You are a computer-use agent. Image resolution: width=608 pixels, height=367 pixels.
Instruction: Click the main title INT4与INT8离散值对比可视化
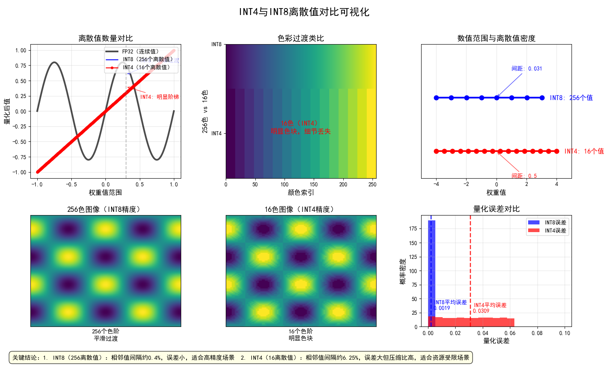click(304, 12)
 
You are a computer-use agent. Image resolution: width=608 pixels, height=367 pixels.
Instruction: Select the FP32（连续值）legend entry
click(140, 51)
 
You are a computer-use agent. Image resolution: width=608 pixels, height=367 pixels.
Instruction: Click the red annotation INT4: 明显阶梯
click(159, 97)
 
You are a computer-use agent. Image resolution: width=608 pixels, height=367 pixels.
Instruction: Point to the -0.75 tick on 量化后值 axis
click(20, 157)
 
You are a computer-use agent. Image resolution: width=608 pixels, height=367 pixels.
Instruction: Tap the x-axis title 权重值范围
click(105, 192)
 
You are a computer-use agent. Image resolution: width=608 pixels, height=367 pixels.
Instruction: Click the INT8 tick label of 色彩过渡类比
click(216, 44)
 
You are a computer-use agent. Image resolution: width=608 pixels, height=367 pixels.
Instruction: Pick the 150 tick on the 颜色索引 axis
click(314, 185)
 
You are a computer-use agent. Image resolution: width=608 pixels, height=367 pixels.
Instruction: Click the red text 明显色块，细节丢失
click(301, 131)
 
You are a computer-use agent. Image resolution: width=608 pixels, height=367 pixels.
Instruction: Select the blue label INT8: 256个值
click(571, 98)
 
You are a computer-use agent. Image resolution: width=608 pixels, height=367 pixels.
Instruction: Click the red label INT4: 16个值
click(584, 151)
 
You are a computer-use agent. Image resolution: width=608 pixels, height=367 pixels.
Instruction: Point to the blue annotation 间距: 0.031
click(527, 68)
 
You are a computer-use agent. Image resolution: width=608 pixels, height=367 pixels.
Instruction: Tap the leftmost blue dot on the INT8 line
click(436, 98)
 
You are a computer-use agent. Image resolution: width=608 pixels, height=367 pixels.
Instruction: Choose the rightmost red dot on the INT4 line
click(557, 151)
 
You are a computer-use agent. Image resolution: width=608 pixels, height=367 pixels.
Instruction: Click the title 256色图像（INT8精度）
click(105, 209)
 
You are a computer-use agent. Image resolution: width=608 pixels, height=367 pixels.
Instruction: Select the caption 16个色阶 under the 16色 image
click(300, 331)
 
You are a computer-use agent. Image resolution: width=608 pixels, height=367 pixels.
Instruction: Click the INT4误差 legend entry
click(555, 230)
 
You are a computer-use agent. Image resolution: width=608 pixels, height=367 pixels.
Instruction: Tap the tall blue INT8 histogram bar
click(431, 271)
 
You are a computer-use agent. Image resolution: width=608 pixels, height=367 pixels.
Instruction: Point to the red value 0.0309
click(481, 311)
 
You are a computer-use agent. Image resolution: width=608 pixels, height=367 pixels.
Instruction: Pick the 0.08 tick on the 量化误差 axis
click(537, 333)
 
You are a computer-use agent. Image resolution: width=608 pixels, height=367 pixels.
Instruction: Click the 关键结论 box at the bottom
click(240, 358)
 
